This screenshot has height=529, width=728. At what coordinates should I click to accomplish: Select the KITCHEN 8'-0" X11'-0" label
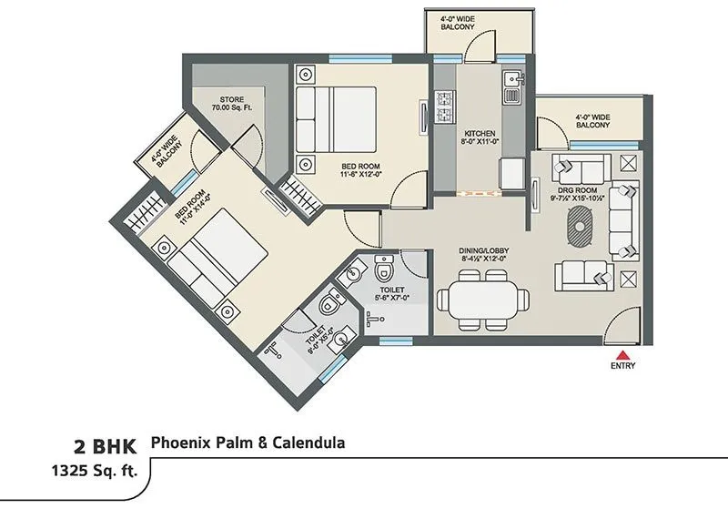coord(476,137)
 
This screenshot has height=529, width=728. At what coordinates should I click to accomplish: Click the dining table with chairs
coord(481,299)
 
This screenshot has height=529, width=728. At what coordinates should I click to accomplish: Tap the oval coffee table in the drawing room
coord(581,223)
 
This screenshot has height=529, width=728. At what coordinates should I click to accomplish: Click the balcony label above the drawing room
coord(592,121)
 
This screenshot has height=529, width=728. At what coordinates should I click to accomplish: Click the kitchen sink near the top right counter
coord(511,82)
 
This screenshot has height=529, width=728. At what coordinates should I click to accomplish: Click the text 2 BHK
coord(106,447)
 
